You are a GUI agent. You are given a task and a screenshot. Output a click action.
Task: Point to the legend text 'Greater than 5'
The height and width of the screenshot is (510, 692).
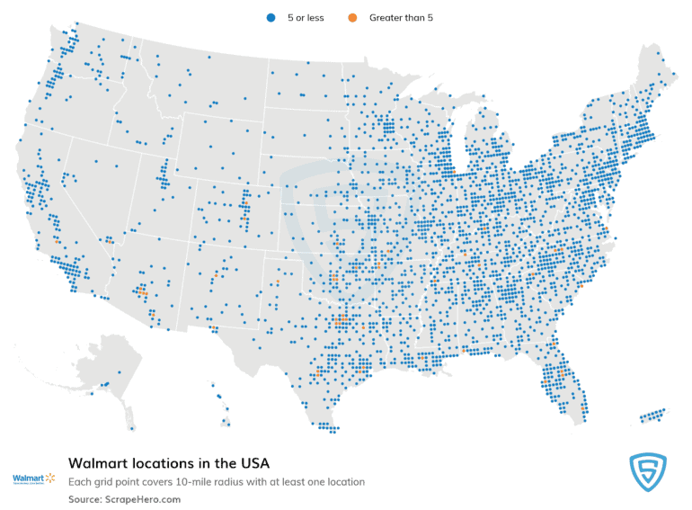[x=402, y=17]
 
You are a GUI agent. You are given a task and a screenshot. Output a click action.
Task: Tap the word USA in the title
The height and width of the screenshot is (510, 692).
[x=253, y=463]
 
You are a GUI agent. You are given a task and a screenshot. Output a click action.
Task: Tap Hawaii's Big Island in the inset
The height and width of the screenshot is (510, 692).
[x=226, y=419]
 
